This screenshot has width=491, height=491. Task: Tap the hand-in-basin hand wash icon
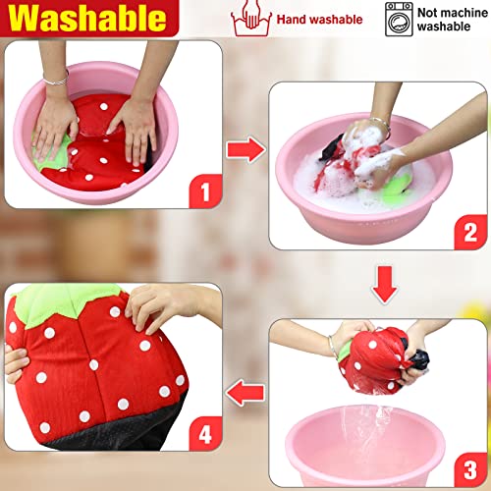click(x=249, y=18)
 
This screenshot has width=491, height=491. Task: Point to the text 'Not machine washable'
click(x=454, y=19)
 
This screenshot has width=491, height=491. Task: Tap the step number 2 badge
click(x=469, y=233)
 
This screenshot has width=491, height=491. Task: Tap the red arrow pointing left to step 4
click(x=243, y=393)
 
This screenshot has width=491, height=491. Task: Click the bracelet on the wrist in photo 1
click(x=59, y=76)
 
